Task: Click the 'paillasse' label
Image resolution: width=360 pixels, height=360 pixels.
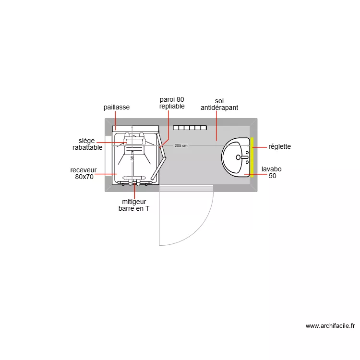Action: [x=117, y=107]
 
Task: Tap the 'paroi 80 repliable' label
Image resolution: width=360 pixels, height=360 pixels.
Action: [x=172, y=103]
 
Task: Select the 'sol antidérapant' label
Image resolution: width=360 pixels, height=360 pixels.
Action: [x=219, y=104]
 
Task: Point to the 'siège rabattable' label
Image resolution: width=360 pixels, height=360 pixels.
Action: [x=87, y=144]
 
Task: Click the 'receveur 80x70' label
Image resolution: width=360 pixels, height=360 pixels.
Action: [x=84, y=173]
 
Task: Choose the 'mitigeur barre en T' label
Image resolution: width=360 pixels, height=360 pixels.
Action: [x=134, y=205]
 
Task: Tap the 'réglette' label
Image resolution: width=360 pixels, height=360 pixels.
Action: [x=279, y=146]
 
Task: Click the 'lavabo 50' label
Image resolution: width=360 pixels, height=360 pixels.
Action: [x=271, y=172]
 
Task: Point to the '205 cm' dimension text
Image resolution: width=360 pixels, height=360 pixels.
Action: [x=181, y=145]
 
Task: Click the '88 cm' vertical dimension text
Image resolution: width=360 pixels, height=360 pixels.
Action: [x=132, y=155]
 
